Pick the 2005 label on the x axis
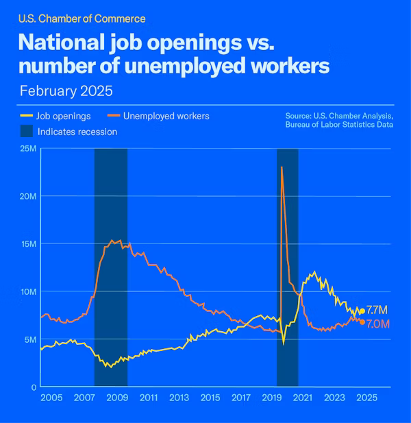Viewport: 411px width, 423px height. point(51,398)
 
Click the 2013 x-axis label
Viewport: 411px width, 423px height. point(179,398)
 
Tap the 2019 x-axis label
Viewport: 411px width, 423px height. point(273,398)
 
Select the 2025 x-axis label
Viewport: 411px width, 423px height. point(366,398)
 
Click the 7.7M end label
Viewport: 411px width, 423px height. point(377,310)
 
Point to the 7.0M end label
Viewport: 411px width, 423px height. point(377,324)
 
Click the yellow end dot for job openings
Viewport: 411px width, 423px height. point(362,311)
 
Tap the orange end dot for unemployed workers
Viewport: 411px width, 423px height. point(362,322)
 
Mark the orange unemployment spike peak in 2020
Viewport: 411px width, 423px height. point(282,167)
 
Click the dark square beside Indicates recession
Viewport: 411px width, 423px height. point(26,132)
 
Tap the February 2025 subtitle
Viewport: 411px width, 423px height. point(66,90)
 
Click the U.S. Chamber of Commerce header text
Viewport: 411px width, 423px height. point(82,19)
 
